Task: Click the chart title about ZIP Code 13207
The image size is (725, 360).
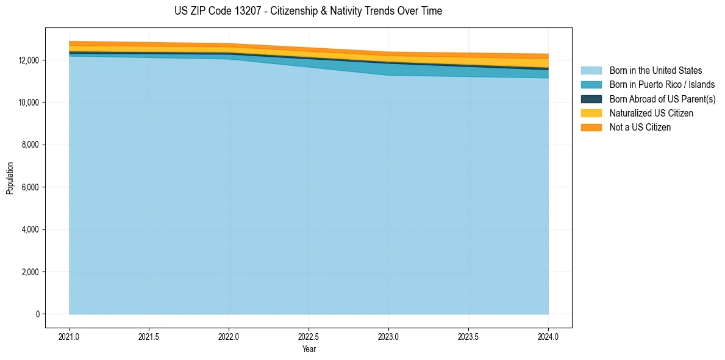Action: tap(308, 11)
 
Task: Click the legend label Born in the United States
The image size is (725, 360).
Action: tap(655, 71)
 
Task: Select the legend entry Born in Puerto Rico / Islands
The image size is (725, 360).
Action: tap(662, 85)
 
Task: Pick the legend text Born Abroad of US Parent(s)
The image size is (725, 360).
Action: tap(662, 99)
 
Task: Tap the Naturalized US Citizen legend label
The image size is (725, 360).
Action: tap(651, 113)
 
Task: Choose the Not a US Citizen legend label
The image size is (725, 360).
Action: tap(640, 127)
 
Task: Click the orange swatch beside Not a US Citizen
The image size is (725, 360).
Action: tap(591, 127)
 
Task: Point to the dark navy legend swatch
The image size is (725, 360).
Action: tap(591, 99)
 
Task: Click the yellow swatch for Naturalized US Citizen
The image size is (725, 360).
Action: tap(591, 113)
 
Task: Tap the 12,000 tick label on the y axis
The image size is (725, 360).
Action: tap(29, 60)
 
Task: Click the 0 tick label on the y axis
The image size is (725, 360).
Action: tap(37, 314)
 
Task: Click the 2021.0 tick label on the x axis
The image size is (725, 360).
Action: tap(70, 336)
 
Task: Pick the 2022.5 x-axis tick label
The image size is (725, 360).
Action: tap(309, 336)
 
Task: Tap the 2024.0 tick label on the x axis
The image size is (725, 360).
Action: tap(548, 336)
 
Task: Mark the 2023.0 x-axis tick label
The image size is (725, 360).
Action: tap(388, 336)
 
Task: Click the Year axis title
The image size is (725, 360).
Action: tap(309, 349)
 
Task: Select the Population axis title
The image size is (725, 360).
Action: tap(10, 178)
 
